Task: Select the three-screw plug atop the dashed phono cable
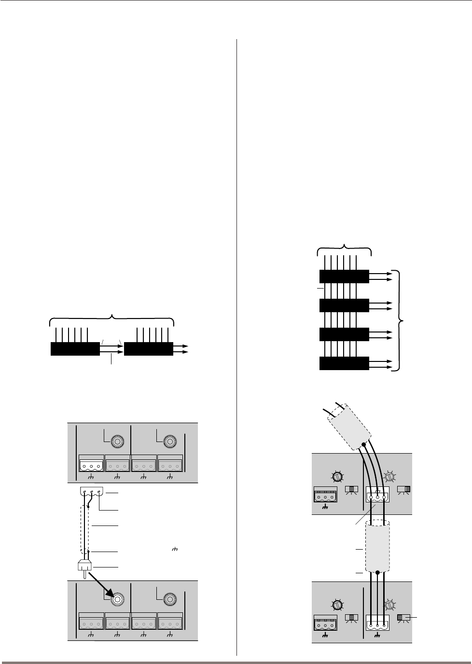[x=90, y=493]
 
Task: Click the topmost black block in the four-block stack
[x=344, y=277]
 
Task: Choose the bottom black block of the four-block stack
[x=344, y=364]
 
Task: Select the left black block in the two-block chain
[x=75, y=348]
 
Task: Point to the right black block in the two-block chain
[x=148, y=348]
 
